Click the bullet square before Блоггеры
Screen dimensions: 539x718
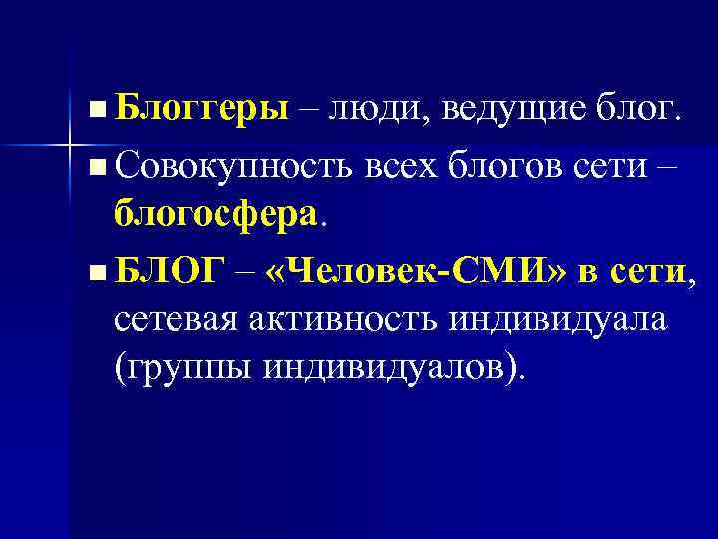point(94,107)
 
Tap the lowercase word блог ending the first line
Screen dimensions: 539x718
point(639,108)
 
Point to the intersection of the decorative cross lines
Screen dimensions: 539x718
point(70,146)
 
